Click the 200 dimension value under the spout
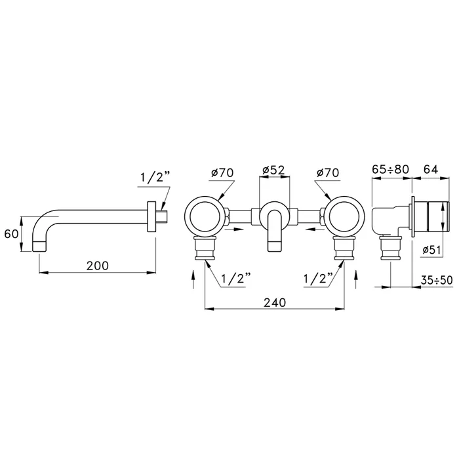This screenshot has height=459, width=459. [98, 266]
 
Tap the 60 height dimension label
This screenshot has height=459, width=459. [11, 234]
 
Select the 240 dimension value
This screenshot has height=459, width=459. [275, 302]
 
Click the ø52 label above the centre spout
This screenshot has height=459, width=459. [273, 170]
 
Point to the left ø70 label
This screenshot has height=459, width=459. [222, 172]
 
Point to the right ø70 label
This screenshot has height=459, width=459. [328, 172]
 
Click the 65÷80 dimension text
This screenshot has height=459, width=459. [390, 169]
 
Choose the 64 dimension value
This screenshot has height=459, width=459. [431, 169]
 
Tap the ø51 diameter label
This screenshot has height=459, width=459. [431, 250]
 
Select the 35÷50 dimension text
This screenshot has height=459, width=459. [437, 280]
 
